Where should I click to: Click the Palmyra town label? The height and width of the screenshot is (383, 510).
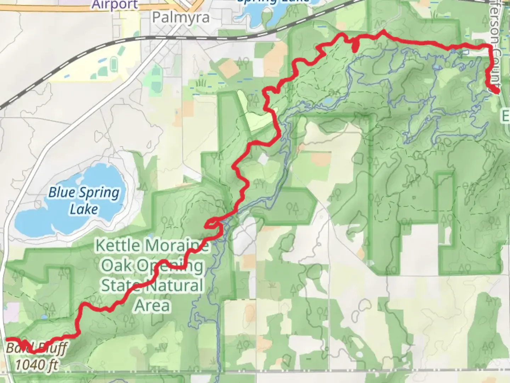(x=181, y=17)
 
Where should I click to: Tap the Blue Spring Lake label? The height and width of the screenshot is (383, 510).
(x=84, y=201)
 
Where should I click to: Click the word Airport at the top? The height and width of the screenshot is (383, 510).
(x=115, y=4)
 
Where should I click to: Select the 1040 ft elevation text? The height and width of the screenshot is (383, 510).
(x=36, y=365)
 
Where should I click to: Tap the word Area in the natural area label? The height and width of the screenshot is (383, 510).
(x=153, y=305)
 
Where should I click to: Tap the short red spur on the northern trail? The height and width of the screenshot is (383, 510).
(x=355, y=46)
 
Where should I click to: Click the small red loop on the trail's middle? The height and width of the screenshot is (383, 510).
(x=211, y=223)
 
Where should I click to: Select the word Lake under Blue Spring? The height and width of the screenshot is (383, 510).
(x=84, y=209)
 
